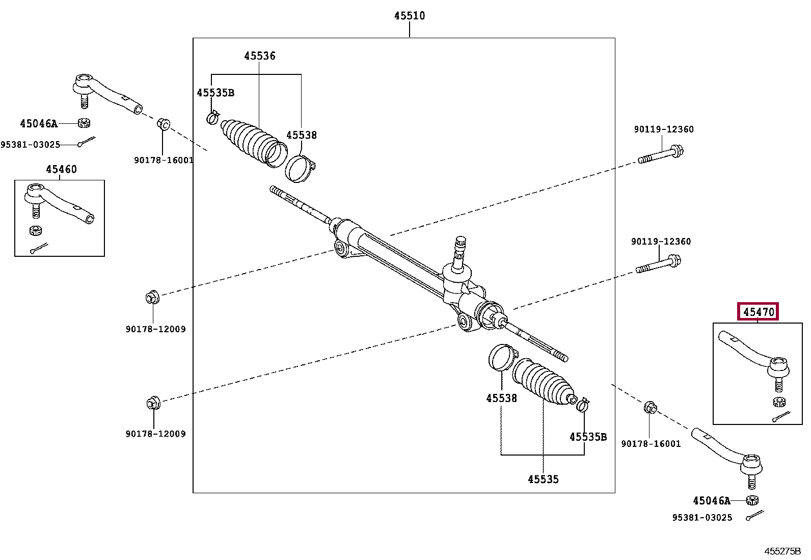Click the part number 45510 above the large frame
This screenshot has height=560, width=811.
click(410, 16)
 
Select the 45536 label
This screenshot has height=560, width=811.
click(260, 56)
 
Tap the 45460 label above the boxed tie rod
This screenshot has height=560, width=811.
click(61, 169)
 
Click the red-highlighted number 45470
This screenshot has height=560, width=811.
click(758, 312)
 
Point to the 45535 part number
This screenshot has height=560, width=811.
click(543, 479)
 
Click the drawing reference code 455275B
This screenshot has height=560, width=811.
click(782, 551)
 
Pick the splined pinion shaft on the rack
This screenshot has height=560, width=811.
click(459, 254)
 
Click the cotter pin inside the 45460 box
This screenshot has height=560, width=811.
click(39, 248)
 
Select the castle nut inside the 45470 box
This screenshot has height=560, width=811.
click(779, 402)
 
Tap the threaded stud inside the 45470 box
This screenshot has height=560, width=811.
click(779, 384)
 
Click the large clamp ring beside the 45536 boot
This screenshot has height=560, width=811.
click(300, 169)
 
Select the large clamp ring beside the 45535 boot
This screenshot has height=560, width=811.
click(502, 357)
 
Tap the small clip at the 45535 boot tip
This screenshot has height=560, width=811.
click(583, 405)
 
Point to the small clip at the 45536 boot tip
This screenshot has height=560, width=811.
click(213, 117)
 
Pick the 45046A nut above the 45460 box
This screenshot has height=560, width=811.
click(84, 123)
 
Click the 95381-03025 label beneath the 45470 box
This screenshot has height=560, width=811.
click(702, 518)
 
